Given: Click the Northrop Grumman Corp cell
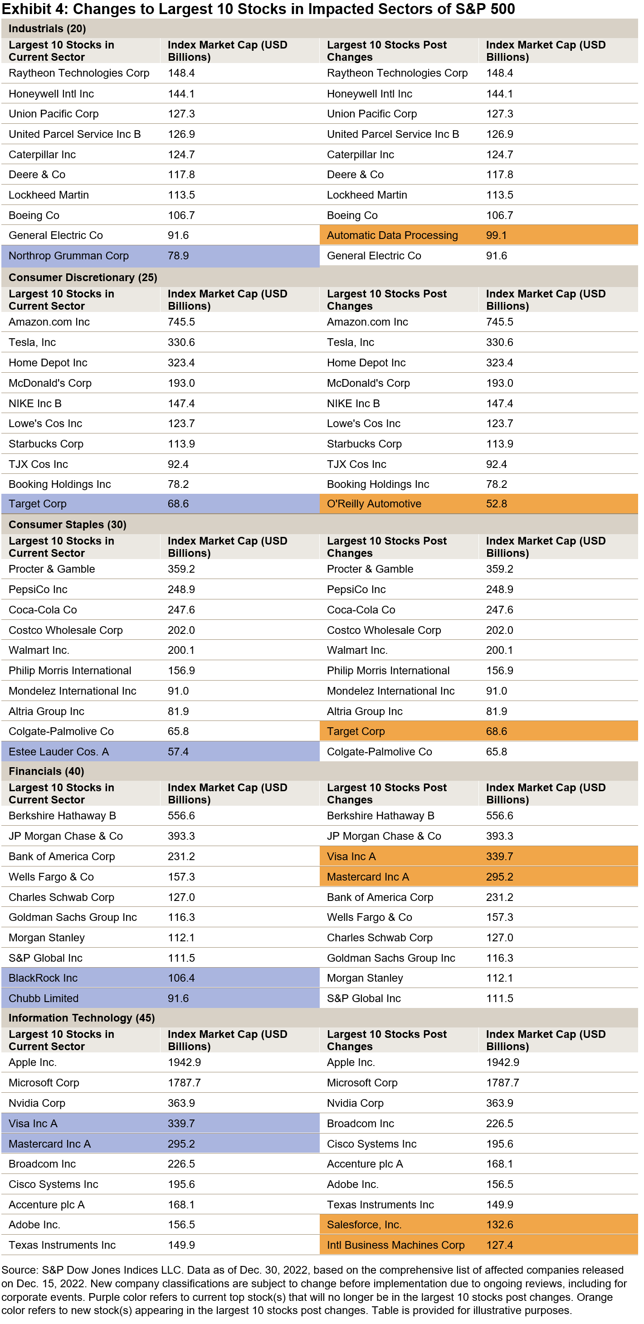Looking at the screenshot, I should coord(68,255).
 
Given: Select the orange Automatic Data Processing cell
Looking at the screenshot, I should coord(392,235).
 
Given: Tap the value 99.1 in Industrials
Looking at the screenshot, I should coord(496,235).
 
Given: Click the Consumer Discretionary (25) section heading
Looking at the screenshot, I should coord(83,277).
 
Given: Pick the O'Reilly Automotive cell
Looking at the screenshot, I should coord(374,504).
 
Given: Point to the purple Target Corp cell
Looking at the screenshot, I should coord(38,504).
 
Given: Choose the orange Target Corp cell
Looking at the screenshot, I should coord(356,731).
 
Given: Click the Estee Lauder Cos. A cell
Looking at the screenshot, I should coord(59,751).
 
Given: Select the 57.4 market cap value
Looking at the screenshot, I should coord(178,751).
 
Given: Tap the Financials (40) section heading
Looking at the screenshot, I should coord(46,771).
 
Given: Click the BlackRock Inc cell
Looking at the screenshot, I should coord(43,978).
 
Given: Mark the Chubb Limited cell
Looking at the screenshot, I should coord(44,998).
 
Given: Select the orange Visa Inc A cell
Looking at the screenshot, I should coord(351,856).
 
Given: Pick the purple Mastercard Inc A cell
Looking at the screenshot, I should coord(49,1144).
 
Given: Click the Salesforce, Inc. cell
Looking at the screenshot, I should coord(364,1224).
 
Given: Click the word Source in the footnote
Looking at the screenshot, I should coord(19,1270).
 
